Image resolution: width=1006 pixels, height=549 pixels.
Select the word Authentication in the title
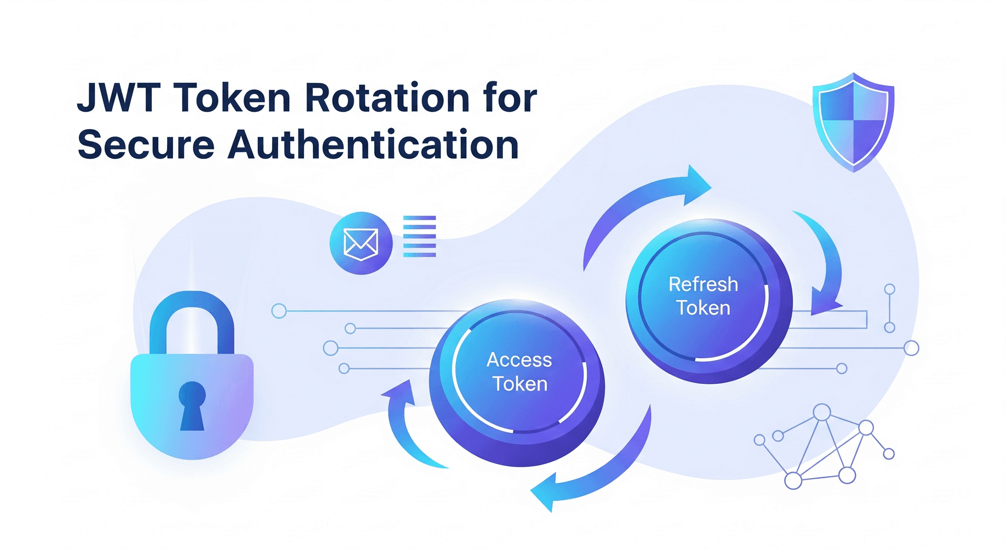pos(373,145)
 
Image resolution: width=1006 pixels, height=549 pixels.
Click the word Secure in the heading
pos(146,145)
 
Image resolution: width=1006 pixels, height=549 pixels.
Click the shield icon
pos(853,122)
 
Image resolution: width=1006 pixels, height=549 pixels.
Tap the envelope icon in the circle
pos(360,243)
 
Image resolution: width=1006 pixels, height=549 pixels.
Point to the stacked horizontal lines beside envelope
pos(419,236)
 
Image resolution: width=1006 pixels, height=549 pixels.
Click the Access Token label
pos(519,372)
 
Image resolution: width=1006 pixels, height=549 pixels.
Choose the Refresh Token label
pos(703,296)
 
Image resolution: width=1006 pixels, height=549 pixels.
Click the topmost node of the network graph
pos(822,412)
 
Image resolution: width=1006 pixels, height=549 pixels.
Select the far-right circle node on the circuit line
pos(911,348)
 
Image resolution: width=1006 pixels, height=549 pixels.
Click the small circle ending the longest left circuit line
pos(279,311)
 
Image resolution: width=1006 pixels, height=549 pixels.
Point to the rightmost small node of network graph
pos(889,454)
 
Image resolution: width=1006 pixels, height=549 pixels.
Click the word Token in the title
pos(232,98)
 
